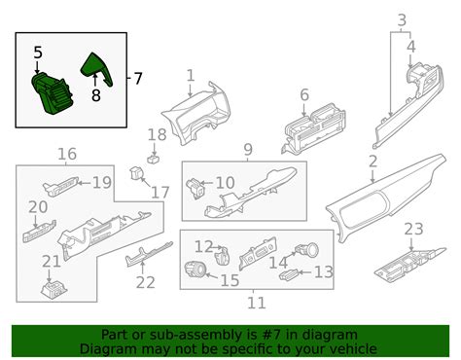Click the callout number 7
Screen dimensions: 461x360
coord(138,79)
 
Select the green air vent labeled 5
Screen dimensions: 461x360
coord(53,93)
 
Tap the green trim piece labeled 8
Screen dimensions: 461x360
coord(96,69)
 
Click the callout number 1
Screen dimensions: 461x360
coord(191,75)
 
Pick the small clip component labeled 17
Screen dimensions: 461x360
coord(136,173)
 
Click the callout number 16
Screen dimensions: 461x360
coord(67,154)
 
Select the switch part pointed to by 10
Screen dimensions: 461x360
coord(195,188)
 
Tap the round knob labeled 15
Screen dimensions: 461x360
coord(195,270)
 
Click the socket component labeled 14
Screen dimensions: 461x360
coord(306,250)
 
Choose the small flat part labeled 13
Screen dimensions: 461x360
coord(288,274)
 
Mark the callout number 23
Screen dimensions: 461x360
coord(413,229)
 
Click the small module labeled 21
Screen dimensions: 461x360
coord(54,290)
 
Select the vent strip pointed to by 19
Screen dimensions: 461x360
coord(60,187)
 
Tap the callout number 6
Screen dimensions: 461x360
coord(304,95)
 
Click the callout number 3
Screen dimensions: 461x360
coord(402,20)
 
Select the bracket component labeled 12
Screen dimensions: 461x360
coord(223,255)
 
